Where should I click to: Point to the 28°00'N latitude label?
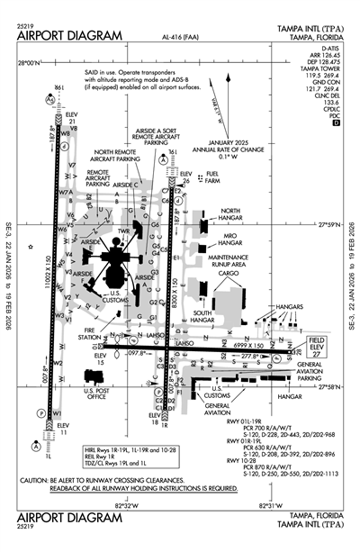click(x=30, y=63)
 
